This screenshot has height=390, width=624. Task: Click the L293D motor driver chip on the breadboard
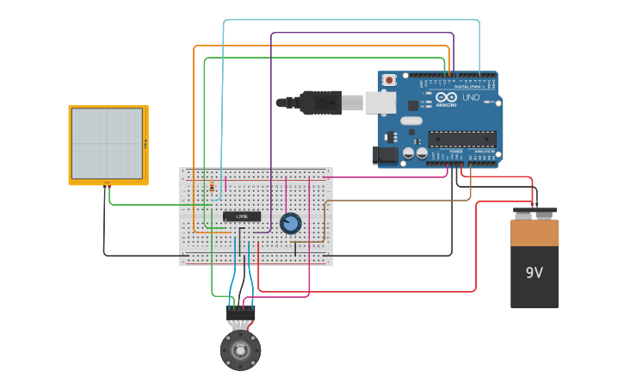point(242,216)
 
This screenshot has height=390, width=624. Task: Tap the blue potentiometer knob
point(291,223)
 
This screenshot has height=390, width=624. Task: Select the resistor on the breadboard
point(213,187)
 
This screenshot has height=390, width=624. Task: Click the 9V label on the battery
point(534,273)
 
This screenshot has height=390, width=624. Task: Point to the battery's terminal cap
point(534,213)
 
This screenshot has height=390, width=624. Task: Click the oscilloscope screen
point(107,144)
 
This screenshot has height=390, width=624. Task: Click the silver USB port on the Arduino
point(380,103)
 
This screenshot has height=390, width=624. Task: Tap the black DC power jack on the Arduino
point(385,155)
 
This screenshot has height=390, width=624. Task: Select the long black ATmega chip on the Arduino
point(462,139)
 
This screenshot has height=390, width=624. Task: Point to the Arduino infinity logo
point(445,97)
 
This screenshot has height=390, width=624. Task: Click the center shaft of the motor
point(240,350)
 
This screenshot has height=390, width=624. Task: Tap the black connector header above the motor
point(240,313)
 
